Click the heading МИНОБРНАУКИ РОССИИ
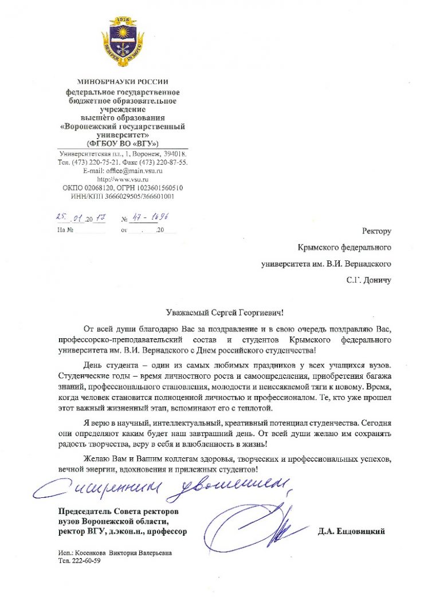pos(123,82)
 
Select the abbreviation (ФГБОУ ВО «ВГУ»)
pos(123,142)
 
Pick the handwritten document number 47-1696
pos(148,218)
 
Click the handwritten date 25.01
pos(69,218)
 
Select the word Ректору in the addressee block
pos(376,231)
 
